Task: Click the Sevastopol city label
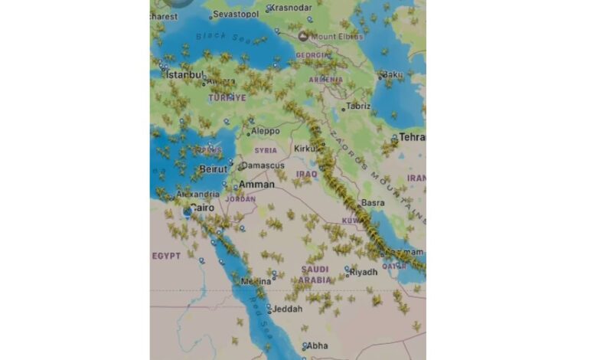pos(234,15)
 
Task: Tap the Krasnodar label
pos(292,8)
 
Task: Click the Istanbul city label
pos(186,75)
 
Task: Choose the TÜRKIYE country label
pos(227,98)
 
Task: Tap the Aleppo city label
pos(265,131)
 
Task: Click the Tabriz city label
pos(357,106)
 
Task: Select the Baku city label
pos(393,74)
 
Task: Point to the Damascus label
pos(266,165)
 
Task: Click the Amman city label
pos(256,185)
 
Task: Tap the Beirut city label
pos(213,169)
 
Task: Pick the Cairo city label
pos(202,208)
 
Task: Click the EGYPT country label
pos(166,255)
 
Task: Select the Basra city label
pos(373,203)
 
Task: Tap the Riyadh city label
pos(364,272)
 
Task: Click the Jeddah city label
pos(288,309)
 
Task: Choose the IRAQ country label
pos(306,174)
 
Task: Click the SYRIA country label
pos(266,150)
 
